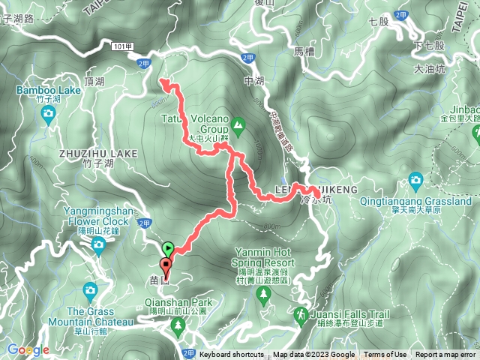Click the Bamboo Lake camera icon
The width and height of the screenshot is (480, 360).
coord(48,114)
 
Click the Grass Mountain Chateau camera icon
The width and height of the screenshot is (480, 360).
coord(90,289)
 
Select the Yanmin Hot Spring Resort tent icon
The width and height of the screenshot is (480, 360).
coord(262,295)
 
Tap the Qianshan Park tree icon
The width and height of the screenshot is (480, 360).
coord(178,325)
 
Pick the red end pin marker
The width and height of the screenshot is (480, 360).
coord(164,267)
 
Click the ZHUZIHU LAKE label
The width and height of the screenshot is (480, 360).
coord(97,153)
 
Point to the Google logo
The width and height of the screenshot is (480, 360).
coord(28,349)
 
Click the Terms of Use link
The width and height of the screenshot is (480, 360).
coord(385,355)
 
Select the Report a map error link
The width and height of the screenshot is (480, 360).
coord(446,355)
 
